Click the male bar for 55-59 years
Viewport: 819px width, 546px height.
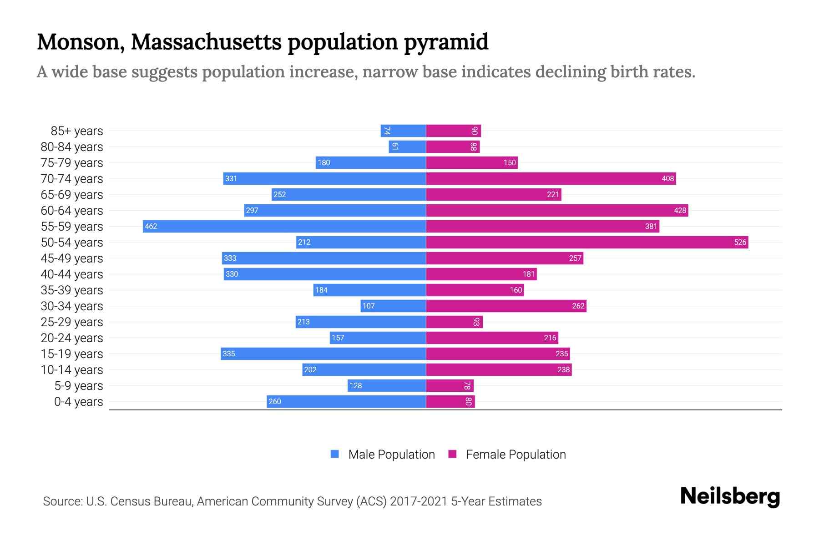tap(284, 226)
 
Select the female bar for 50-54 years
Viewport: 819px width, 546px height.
tap(587, 242)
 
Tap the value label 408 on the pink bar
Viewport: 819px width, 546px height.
tap(667, 178)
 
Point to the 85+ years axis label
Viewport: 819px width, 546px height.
tap(77, 131)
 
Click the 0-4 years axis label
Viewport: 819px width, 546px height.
tap(78, 402)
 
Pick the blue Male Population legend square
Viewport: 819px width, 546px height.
tap(335, 454)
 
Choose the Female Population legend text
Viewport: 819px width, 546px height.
tap(516, 455)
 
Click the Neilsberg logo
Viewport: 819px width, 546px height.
tap(730, 496)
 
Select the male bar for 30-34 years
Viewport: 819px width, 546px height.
tap(394, 306)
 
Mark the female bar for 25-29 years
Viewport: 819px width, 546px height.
tap(454, 322)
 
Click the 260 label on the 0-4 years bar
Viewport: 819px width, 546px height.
tap(275, 401)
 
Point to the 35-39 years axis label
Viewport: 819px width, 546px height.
tap(72, 290)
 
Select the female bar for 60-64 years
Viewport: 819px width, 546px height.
tap(557, 210)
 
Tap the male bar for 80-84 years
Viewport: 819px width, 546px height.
tap(407, 147)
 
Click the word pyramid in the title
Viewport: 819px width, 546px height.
tap(446, 42)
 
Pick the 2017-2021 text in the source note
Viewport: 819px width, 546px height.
tap(418, 501)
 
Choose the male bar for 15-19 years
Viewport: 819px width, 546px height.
tap(323, 354)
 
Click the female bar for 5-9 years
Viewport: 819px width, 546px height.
tap(450, 385)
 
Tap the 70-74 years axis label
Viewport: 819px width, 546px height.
tap(72, 179)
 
